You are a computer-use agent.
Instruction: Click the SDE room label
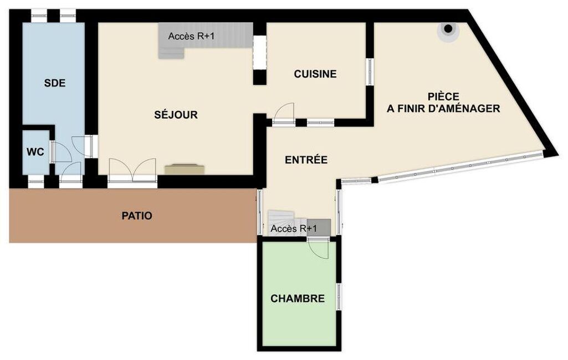(55, 83)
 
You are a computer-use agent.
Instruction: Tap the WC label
(35, 152)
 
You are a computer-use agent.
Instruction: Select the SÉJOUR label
(176, 115)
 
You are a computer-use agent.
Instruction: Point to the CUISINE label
(315, 74)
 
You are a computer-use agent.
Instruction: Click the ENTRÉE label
(306, 160)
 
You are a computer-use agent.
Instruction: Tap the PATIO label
(137, 216)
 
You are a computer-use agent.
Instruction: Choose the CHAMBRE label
(298, 299)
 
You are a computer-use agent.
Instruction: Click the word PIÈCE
(443, 96)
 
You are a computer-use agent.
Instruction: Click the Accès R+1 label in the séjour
(191, 36)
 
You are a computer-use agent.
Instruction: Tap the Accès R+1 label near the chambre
(293, 229)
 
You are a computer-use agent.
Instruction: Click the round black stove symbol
(448, 28)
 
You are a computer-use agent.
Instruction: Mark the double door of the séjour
(132, 169)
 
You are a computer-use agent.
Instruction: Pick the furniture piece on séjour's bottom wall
(185, 169)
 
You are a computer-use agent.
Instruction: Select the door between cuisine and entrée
(283, 114)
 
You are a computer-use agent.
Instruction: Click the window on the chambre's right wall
(339, 297)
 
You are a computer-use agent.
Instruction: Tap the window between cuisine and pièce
(370, 71)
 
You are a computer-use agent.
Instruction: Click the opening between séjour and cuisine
(259, 52)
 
